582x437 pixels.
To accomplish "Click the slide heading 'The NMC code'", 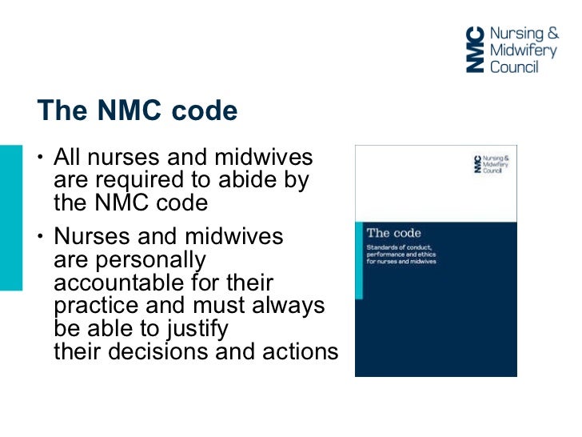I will click(x=138, y=111).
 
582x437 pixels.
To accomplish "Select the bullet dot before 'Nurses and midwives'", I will click(x=39, y=238).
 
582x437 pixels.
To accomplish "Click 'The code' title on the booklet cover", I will click(x=389, y=234).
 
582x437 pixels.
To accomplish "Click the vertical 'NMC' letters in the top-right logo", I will click(x=475, y=49).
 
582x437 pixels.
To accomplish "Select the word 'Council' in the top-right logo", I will click(x=514, y=66).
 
